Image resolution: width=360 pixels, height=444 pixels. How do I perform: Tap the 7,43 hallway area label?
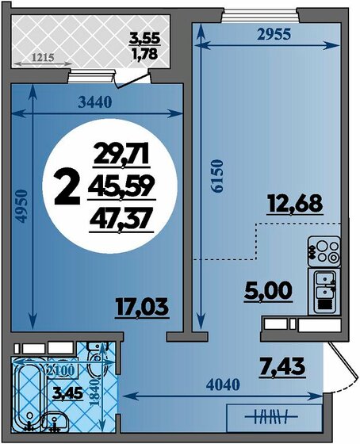coord(282,367)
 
